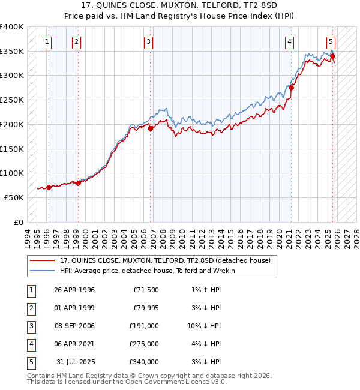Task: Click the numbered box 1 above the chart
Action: [x=47, y=41]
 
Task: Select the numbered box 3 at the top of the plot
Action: [x=148, y=41]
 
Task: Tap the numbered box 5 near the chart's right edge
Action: [x=331, y=41]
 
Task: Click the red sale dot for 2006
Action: [x=151, y=128]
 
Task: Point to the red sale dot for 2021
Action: [x=291, y=88]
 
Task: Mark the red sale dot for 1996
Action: [x=49, y=187]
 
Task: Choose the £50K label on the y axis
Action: [x=14, y=197]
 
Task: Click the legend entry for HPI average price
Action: [x=148, y=271]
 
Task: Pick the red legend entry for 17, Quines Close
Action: [x=166, y=260]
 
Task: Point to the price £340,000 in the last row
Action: [x=145, y=362]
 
